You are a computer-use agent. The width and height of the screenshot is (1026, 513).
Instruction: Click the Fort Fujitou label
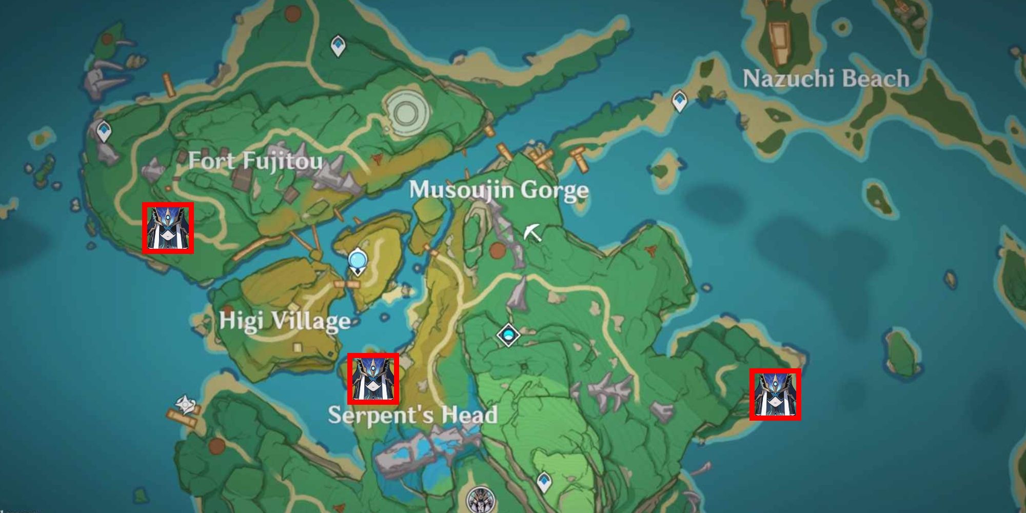[x=255, y=161]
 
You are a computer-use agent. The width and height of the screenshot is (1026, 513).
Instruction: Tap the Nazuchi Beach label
[x=826, y=78]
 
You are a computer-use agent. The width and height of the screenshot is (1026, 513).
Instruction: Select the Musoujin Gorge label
[x=499, y=190]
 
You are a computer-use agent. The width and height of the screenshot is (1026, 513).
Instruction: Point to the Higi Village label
[x=285, y=322]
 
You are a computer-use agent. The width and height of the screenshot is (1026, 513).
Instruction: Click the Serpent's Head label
[x=412, y=415]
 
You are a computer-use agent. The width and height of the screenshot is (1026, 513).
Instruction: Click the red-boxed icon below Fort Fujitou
[x=168, y=228]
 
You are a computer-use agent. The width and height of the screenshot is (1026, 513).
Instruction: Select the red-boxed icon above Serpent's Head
[x=373, y=379]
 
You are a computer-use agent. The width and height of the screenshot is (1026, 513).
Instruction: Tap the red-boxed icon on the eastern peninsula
[x=775, y=394]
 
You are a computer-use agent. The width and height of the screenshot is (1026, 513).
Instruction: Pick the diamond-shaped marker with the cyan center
[x=508, y=336]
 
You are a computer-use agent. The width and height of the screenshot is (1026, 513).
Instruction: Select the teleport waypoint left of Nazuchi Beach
[x=679, y=101]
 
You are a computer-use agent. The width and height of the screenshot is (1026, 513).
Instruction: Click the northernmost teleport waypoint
[x=338, y=46]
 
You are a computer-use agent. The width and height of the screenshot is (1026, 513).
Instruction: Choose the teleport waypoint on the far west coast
[x=104, y=130]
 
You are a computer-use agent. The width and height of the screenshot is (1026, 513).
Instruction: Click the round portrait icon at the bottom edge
[x=481, y=500]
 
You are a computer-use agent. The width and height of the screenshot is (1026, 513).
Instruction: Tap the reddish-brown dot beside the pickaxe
[x=497, y=250]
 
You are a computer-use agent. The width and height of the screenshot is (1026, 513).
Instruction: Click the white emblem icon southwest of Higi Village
[x=185, y=405]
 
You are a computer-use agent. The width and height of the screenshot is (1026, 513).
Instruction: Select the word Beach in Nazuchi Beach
[x=875, y=78]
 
